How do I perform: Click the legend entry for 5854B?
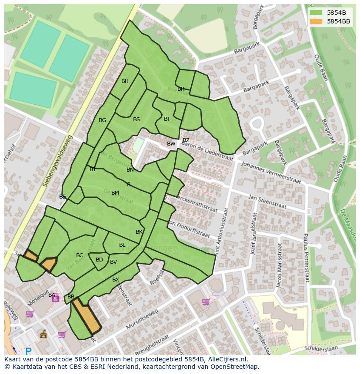336,13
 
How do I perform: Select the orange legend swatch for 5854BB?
316,21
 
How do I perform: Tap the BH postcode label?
125,81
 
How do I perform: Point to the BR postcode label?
181,89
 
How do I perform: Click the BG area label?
102,120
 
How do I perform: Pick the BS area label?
137,119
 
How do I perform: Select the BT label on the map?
167,119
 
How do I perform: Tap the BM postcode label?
115,193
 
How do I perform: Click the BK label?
139,232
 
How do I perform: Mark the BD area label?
99,260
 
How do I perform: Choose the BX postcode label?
116,280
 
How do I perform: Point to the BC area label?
80,255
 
